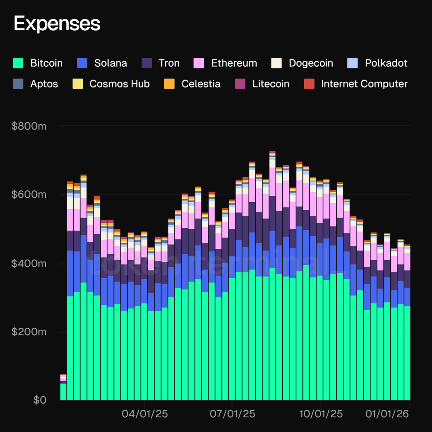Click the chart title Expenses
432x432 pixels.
[x=57, y=24]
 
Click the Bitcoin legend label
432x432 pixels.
[x=46, y=63]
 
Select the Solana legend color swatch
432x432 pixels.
[x=82, y=63]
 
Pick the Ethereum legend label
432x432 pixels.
[x=234, y=63]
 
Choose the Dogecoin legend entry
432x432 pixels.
[x=311, y=63]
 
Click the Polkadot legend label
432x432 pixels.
[x=386, y=63]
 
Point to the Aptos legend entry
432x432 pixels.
[x=44, y=84]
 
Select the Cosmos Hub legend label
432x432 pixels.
[x=120, y=84]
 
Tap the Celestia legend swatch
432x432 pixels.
[x=169, y=84]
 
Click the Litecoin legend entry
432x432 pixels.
[x=270, y=84]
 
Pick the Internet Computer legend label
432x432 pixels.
[x=364, y=84]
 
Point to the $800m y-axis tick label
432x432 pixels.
[x=29, y=126]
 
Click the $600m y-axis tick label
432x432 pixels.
[x=29, y=195]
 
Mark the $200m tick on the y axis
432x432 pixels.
[x=29, y=332]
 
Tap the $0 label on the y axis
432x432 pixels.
[x=40, y=400]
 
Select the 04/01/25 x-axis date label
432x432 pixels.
[x=145, y=414]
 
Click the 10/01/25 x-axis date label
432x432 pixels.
[x=321, y=414]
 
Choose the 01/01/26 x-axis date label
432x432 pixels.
[x=387, y=414]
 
